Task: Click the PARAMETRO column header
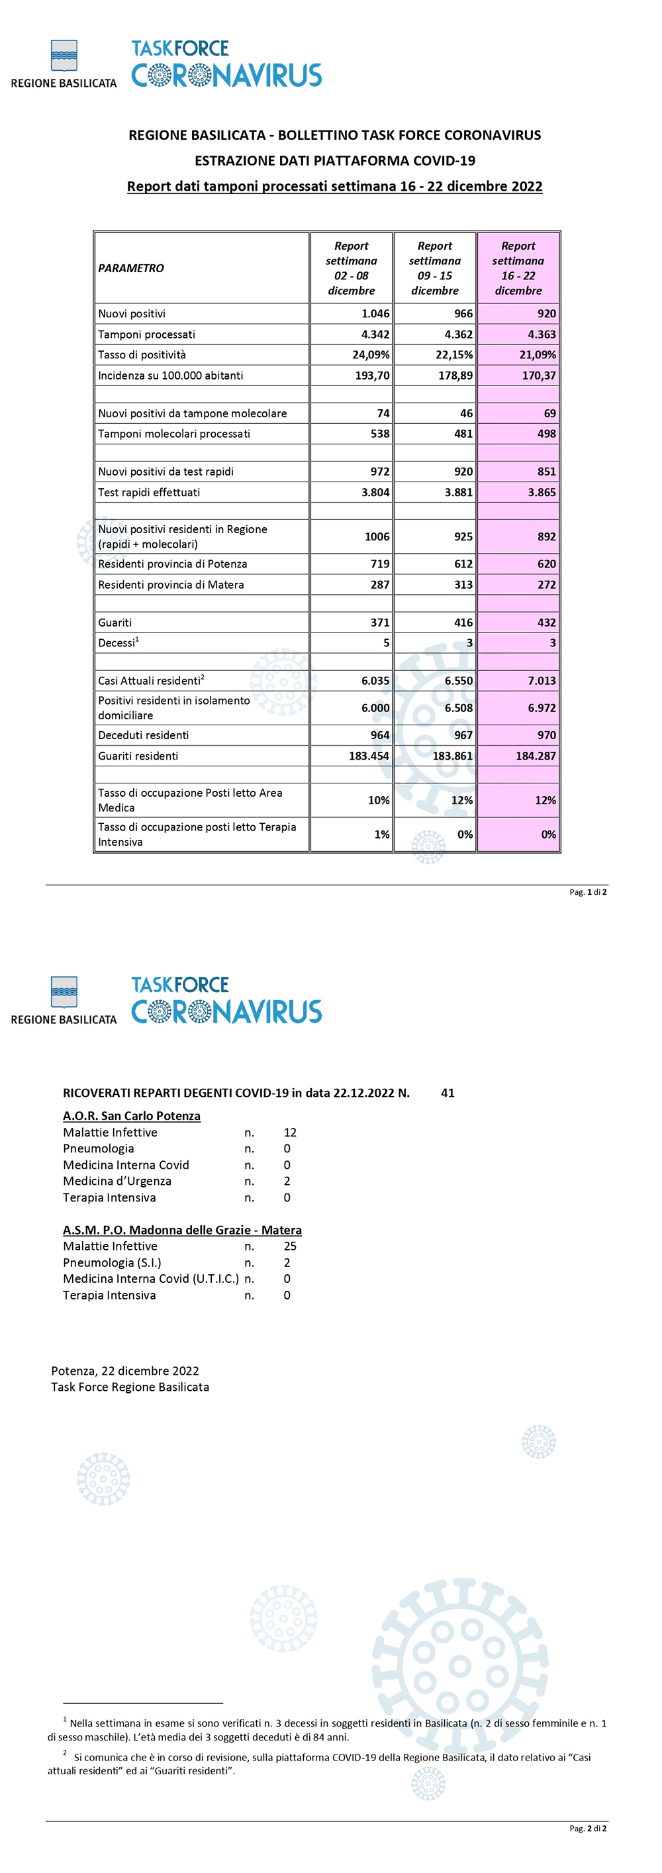[x=131, y=268]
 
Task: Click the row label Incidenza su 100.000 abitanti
[x=170, y=376]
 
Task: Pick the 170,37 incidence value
[x=538, y=376]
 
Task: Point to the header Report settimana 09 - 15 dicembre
[x=434, y=268]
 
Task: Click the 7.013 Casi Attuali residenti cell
[x=542, y=681]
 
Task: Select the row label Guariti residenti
[x=138, y=756]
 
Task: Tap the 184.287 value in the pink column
[x=536, y=756]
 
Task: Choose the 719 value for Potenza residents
[x=380, y=564]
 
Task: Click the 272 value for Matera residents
[x=546, y=585]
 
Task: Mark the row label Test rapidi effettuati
[x=149, y=492]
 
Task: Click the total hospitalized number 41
[x=448, y=1093]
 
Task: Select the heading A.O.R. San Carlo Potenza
[x=132, y=1116]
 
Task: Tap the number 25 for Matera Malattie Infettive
[x=290, y=1246]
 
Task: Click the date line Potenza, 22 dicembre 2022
[x=125, y=1371]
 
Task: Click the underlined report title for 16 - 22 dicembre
[x=334, y=186]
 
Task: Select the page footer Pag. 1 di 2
[x=588, y=892]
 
